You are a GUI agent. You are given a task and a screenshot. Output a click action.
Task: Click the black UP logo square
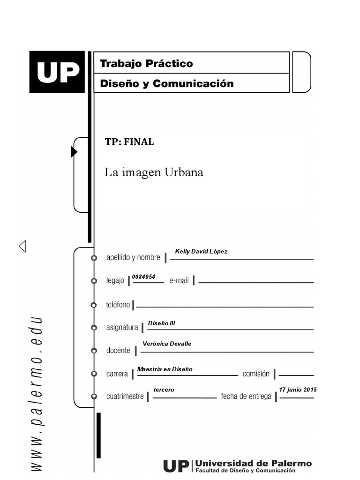coord(57,72)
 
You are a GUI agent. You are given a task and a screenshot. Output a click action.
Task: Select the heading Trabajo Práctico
coord(146,63)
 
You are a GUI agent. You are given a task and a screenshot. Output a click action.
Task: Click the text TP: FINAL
coord(129,142)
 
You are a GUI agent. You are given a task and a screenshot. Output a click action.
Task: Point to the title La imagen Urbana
coord(154,172)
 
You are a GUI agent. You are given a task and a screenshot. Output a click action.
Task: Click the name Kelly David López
coord(201,252)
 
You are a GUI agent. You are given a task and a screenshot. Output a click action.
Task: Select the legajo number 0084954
coord(143,277)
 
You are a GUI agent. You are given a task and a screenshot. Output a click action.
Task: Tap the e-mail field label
coord(179,280)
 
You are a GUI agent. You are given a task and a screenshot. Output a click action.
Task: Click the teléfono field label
coord(118,305)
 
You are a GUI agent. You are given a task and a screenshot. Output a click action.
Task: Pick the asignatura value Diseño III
coord(161,323)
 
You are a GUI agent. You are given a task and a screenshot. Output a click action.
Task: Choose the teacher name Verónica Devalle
coord(167,344)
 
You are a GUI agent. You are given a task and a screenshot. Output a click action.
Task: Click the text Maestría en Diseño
coord(165,369)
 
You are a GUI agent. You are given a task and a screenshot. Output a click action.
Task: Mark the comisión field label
coord(256,374)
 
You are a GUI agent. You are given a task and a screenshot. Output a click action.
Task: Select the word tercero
coord(164,390)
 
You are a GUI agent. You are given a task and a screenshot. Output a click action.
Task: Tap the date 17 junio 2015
coord(298,390)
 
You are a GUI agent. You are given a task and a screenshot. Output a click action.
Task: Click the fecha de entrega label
coord(246,397)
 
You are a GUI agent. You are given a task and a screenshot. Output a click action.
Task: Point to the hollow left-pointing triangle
coord(22,246)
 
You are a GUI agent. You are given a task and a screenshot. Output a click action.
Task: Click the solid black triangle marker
coord(74,152)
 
